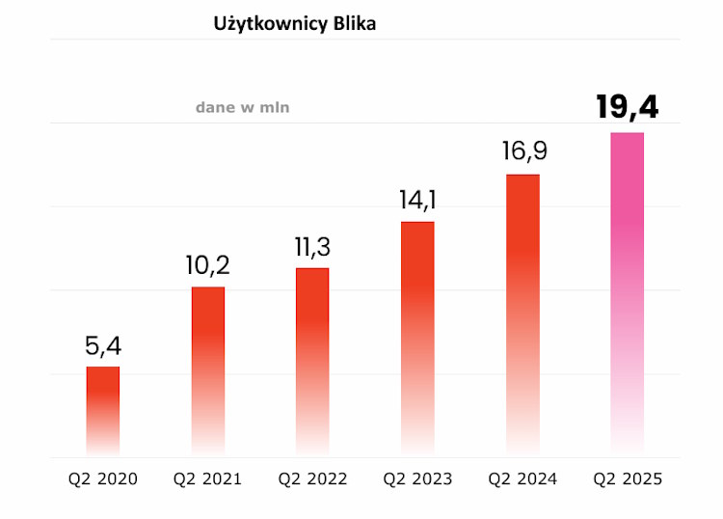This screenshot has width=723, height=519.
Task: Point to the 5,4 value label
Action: (x=103, y=345)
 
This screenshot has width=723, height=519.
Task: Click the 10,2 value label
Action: (x=208, y=265)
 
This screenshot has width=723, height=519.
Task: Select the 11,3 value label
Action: (x=312, y=247)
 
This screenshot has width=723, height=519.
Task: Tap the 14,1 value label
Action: (x=417, y=201)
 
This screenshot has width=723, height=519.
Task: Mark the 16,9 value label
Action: (x=522, y=152)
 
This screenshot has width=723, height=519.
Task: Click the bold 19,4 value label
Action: (x=628, y=107)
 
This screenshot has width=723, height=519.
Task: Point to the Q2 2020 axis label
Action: (x=103, y=478)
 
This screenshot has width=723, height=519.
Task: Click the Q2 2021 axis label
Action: (x=208, y=478)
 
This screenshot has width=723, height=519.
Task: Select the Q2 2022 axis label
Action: (x=312, y=478)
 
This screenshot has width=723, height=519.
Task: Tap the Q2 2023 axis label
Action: (x=417, y=478)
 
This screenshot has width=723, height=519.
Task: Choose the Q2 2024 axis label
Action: (x=522, y=478)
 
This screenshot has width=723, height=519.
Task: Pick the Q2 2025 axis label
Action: (x=628, y=478)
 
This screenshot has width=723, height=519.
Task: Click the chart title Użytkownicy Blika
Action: (x=294, y=25)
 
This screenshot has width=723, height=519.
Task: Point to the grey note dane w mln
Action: (x=242, y=108)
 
